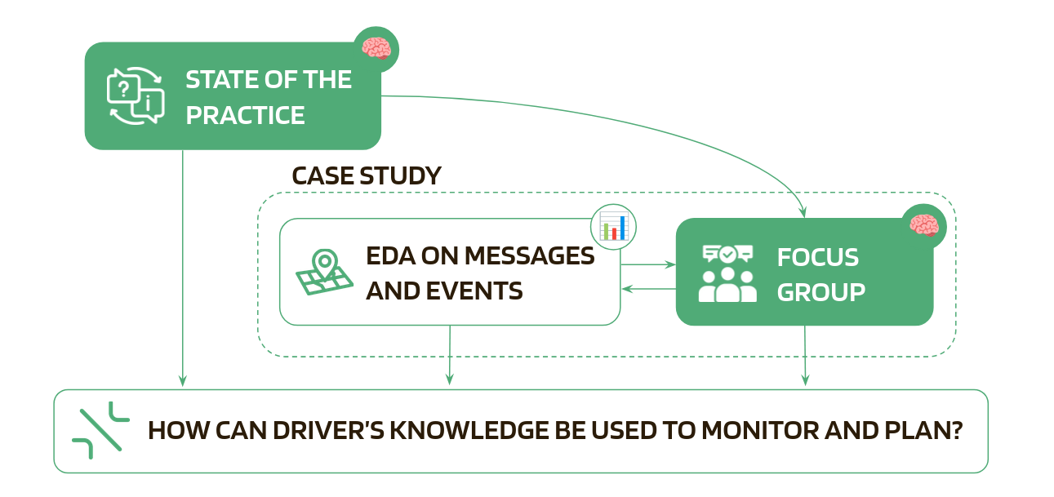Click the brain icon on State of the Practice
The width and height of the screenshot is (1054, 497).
point(376,50)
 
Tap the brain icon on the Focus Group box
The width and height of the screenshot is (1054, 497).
point(924,226)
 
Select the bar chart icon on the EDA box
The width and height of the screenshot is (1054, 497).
point(613,226)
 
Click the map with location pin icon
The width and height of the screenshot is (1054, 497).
point(324,273)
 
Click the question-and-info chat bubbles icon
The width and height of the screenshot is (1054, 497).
point(136,96)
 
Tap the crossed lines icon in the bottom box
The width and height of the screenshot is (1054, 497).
point(100,431)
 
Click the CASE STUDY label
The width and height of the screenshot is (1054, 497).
point(367,175)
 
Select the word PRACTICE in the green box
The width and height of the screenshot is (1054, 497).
point(245,115)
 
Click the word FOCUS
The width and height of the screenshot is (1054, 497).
point(817,257)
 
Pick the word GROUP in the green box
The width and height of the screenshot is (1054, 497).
point(821,292)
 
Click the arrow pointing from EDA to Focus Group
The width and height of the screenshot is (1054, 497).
point(648,264)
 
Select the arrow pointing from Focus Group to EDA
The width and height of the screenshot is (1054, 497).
point(648,289)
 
